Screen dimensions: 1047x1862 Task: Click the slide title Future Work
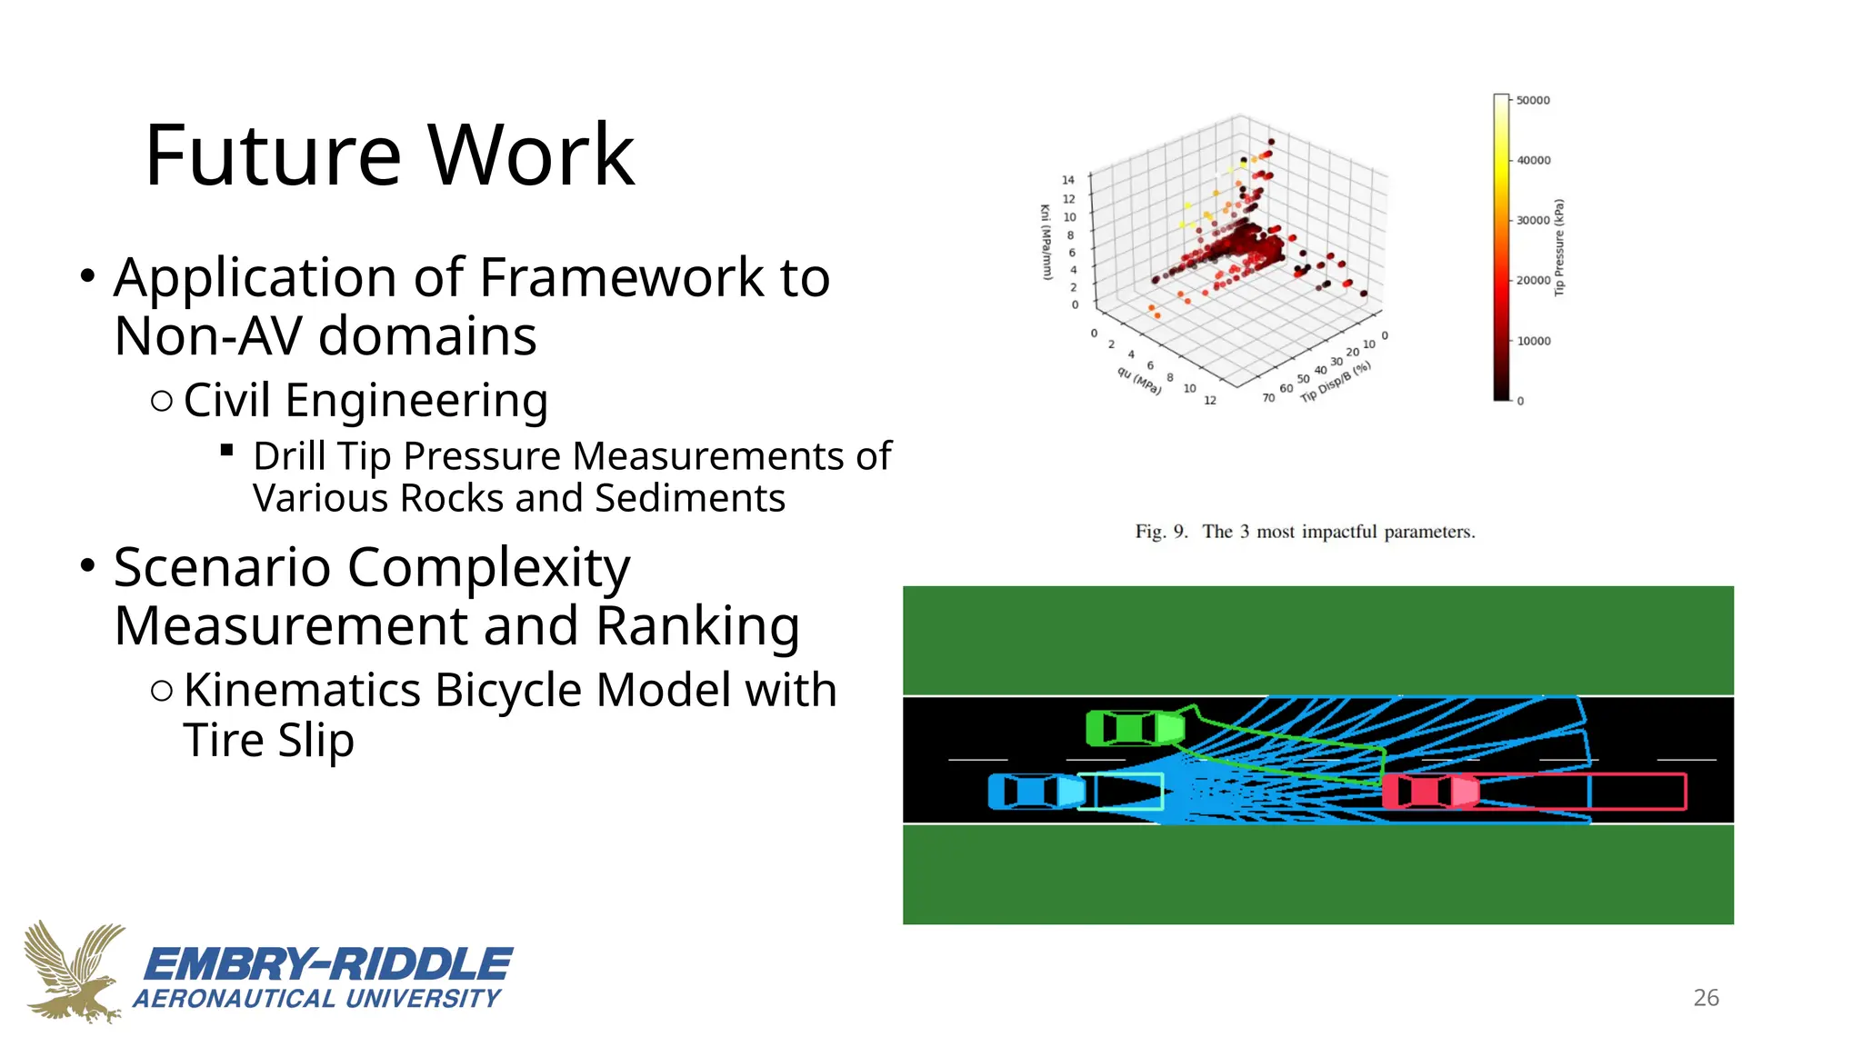point(389,155)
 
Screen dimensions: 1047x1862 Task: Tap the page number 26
point(1706,998)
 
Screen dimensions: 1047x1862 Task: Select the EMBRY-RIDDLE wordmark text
point(328,964)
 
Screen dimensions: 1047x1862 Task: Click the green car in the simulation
point(1135,728)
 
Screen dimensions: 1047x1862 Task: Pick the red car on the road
point(1429,791)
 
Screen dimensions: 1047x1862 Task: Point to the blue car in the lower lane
point(1036,791)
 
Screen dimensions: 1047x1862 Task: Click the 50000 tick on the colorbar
point(1533,101)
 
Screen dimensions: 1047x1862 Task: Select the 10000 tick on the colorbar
point(1533,342)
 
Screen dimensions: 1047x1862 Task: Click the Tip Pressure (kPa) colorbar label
point(1559,247)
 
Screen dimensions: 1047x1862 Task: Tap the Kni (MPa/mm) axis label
point(1046,242)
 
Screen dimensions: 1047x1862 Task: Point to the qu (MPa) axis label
point(1139,381)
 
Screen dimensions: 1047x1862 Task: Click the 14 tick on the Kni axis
point(1068,180)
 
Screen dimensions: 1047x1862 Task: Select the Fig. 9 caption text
point(1305,532)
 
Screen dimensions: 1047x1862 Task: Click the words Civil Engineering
point(365,400)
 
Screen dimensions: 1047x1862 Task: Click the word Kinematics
point(303,690)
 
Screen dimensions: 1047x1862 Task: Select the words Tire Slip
point(268,740)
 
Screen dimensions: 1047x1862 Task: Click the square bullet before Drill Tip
point(227,450)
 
